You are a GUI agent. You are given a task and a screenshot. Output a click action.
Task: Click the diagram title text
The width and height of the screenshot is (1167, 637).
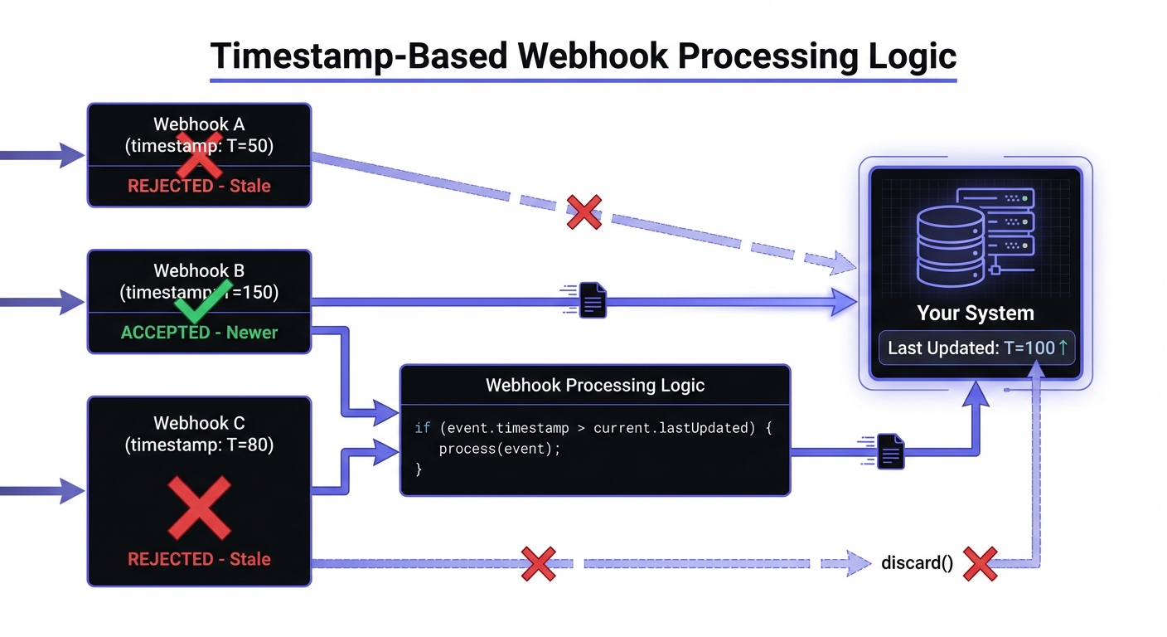pos(583,56)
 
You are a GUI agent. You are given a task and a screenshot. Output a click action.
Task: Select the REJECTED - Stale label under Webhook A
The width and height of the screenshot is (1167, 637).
pos(199,186)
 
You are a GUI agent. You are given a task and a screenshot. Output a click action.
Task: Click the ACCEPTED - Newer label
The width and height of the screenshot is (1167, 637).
pos(199,333)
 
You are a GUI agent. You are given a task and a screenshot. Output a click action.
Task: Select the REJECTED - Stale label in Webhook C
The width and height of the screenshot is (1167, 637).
pos(199,559)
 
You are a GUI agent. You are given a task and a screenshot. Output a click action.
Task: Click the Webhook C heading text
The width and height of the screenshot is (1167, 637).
pos(199,423)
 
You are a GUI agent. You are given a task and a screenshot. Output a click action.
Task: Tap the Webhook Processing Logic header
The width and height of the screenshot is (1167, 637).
pos(594,385)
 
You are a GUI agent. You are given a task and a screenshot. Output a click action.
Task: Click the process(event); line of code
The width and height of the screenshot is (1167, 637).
pos(499,449)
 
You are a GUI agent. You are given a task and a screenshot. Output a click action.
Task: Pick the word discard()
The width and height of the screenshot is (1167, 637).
pos(917,563)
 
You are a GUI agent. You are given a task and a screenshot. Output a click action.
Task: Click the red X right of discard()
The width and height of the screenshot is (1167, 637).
pos(980,563)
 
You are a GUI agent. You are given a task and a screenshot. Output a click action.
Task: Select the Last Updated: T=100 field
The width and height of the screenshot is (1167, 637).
pos(976,348)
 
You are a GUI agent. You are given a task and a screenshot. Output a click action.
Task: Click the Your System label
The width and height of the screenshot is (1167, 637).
pos(976,314)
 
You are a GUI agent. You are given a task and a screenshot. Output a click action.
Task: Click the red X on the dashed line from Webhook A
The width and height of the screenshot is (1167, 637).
pos(583,212)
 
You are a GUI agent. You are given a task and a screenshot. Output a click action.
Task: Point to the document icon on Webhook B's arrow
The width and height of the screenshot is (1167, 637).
pos(591,300)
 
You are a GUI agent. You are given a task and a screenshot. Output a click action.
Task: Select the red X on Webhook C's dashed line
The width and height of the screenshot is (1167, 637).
pos(538,563)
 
